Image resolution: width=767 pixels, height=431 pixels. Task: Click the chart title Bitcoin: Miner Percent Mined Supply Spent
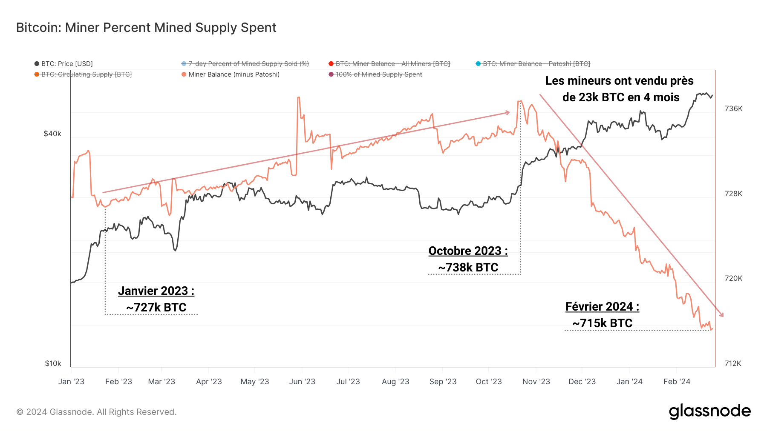pyautogui.click(x=146, y=28)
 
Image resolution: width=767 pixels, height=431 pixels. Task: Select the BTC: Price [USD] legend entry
pyautogui.click(x=63, y=64)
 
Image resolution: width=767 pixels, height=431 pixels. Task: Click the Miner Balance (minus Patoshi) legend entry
pyautogui.click(x=231, y=74)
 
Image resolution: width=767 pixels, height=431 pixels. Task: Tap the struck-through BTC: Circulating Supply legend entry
pyautogui.click(x=83, y=74)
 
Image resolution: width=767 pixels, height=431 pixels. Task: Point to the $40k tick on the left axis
pyautogui.click(x=52, y=134)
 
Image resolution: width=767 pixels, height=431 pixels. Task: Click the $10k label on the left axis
pyautogui.click(x=53, y=363)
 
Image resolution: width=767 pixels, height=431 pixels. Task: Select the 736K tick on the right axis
pyautogui.click(x=733, y=108)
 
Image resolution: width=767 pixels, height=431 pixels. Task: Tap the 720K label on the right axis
pyautogui.click(x=733, y=278)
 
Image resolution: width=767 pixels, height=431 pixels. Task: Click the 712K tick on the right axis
pyautogui.click(x=733, y=363)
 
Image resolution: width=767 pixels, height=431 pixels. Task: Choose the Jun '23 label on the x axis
pyautogui.click(x=302, y=382)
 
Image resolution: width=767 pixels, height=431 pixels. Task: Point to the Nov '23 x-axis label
pyautogui.click(x=536, y=382)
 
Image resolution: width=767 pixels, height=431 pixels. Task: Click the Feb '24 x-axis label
pyautogui.click(x=677, y=382)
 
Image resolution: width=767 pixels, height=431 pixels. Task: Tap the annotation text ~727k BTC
pyautogui.click(x=156, y=308)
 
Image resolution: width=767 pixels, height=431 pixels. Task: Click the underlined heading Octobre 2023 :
pyautogui.click(x=468, y=251)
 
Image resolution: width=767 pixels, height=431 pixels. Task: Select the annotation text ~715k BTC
pyautogui.click(x=602, y=323)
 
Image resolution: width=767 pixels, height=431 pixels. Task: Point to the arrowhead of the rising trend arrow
pyautogui.click(x=508, y=113)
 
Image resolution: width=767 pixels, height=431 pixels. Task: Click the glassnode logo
pyautogui.click(x=709, y=411)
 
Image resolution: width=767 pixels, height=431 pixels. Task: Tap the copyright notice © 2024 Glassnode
pyautogui.click(x=96, y=412)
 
